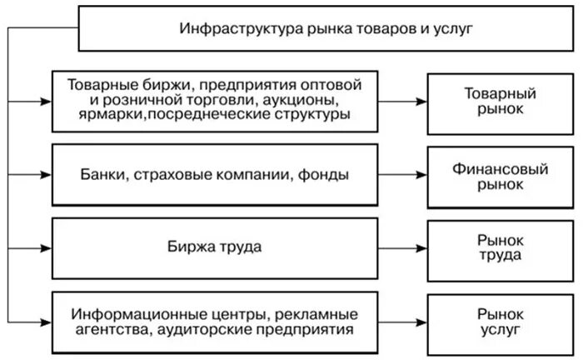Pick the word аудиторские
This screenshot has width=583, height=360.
pyautogui.click(x=209, y=330)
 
